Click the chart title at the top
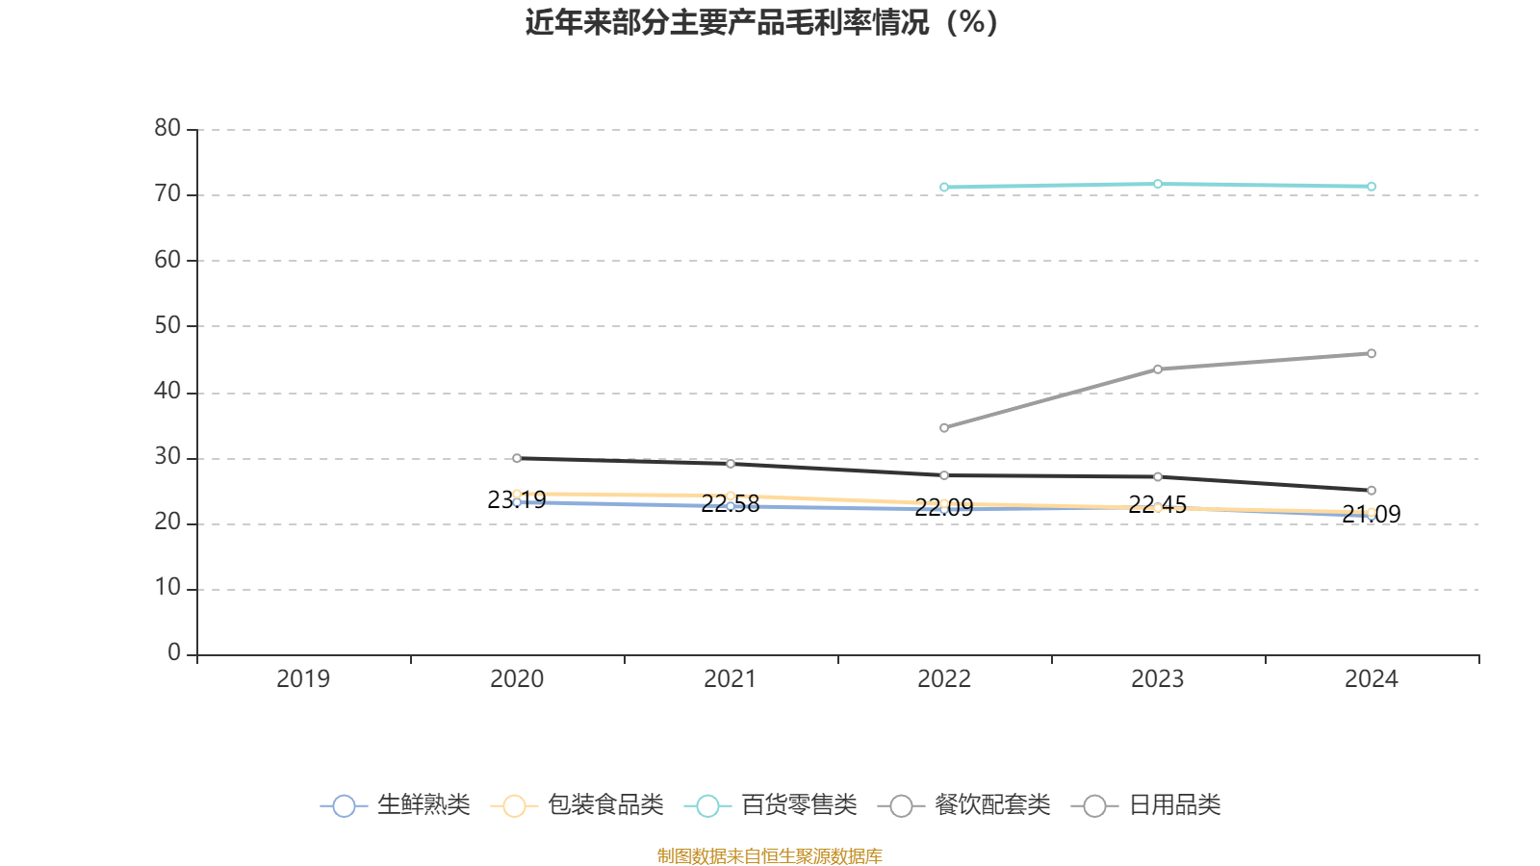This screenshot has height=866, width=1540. pyautogui.click(x=761, y=22)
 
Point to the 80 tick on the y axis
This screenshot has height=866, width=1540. pyautogui.click(x=167, y=129)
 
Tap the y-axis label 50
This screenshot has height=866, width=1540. pyautogui.click(x=167, y=326)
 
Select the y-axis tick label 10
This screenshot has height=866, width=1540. pyautogui.click(x=167, y=589)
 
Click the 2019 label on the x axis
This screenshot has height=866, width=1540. pyautogui.click(x=303, y=679)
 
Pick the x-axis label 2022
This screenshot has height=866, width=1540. pyautogui.click(x=944, y=679)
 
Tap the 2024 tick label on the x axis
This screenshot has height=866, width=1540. pyautogui.click(x=1371, y=679)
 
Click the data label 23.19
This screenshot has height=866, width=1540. pyautogui.click(x=517, y=500)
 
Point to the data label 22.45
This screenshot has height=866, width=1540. pyautogui.click(x=1157, y=505)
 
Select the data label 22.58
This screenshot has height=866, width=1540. pyautogui.click(x=731, y=504)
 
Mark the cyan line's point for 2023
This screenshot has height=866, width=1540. pyautogui.click(x=1158, y=184)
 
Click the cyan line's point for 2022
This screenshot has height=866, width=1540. pyautogui.click(x=944, y=188)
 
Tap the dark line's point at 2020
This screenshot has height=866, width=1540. pyautogui.click(x=517, y=458)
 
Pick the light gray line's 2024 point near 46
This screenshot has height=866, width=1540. pyautogui.click(x=1372, y=354)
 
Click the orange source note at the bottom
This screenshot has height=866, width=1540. pyautogui.click(x=769, y=856)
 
